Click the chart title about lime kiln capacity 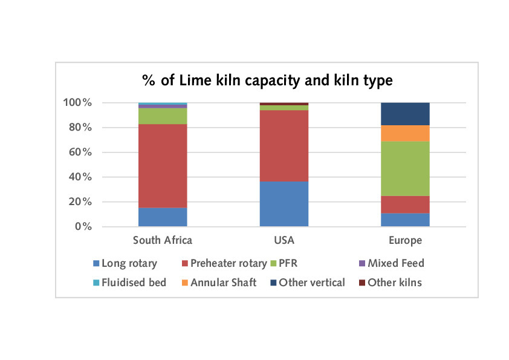267,80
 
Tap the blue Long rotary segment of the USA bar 284,203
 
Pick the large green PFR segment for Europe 405,168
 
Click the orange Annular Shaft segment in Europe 405,133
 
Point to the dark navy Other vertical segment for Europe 405,114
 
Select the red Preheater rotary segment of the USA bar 284,145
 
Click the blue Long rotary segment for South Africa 163,217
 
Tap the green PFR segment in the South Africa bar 163,116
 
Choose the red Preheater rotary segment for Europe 405,204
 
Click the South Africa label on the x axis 163,241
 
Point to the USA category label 284,241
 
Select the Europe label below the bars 405,241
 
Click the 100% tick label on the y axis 78,103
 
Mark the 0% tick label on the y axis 83,227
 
